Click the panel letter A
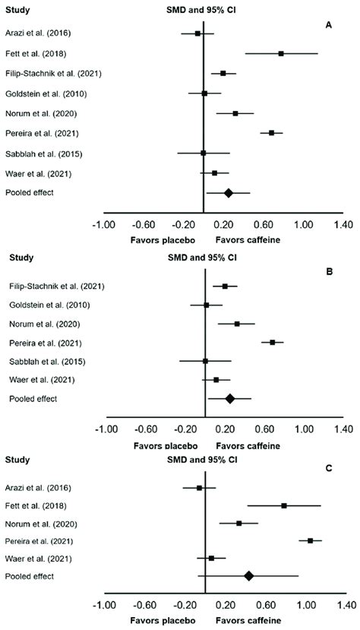[328, 24]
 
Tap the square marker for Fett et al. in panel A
[281, 53]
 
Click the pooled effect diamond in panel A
[228, 193]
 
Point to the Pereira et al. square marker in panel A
[271, 133]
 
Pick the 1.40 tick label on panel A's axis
[343, 225]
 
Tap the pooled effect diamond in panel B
[230, 398]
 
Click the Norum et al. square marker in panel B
[237, 324]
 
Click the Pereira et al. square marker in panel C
[311, 541]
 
